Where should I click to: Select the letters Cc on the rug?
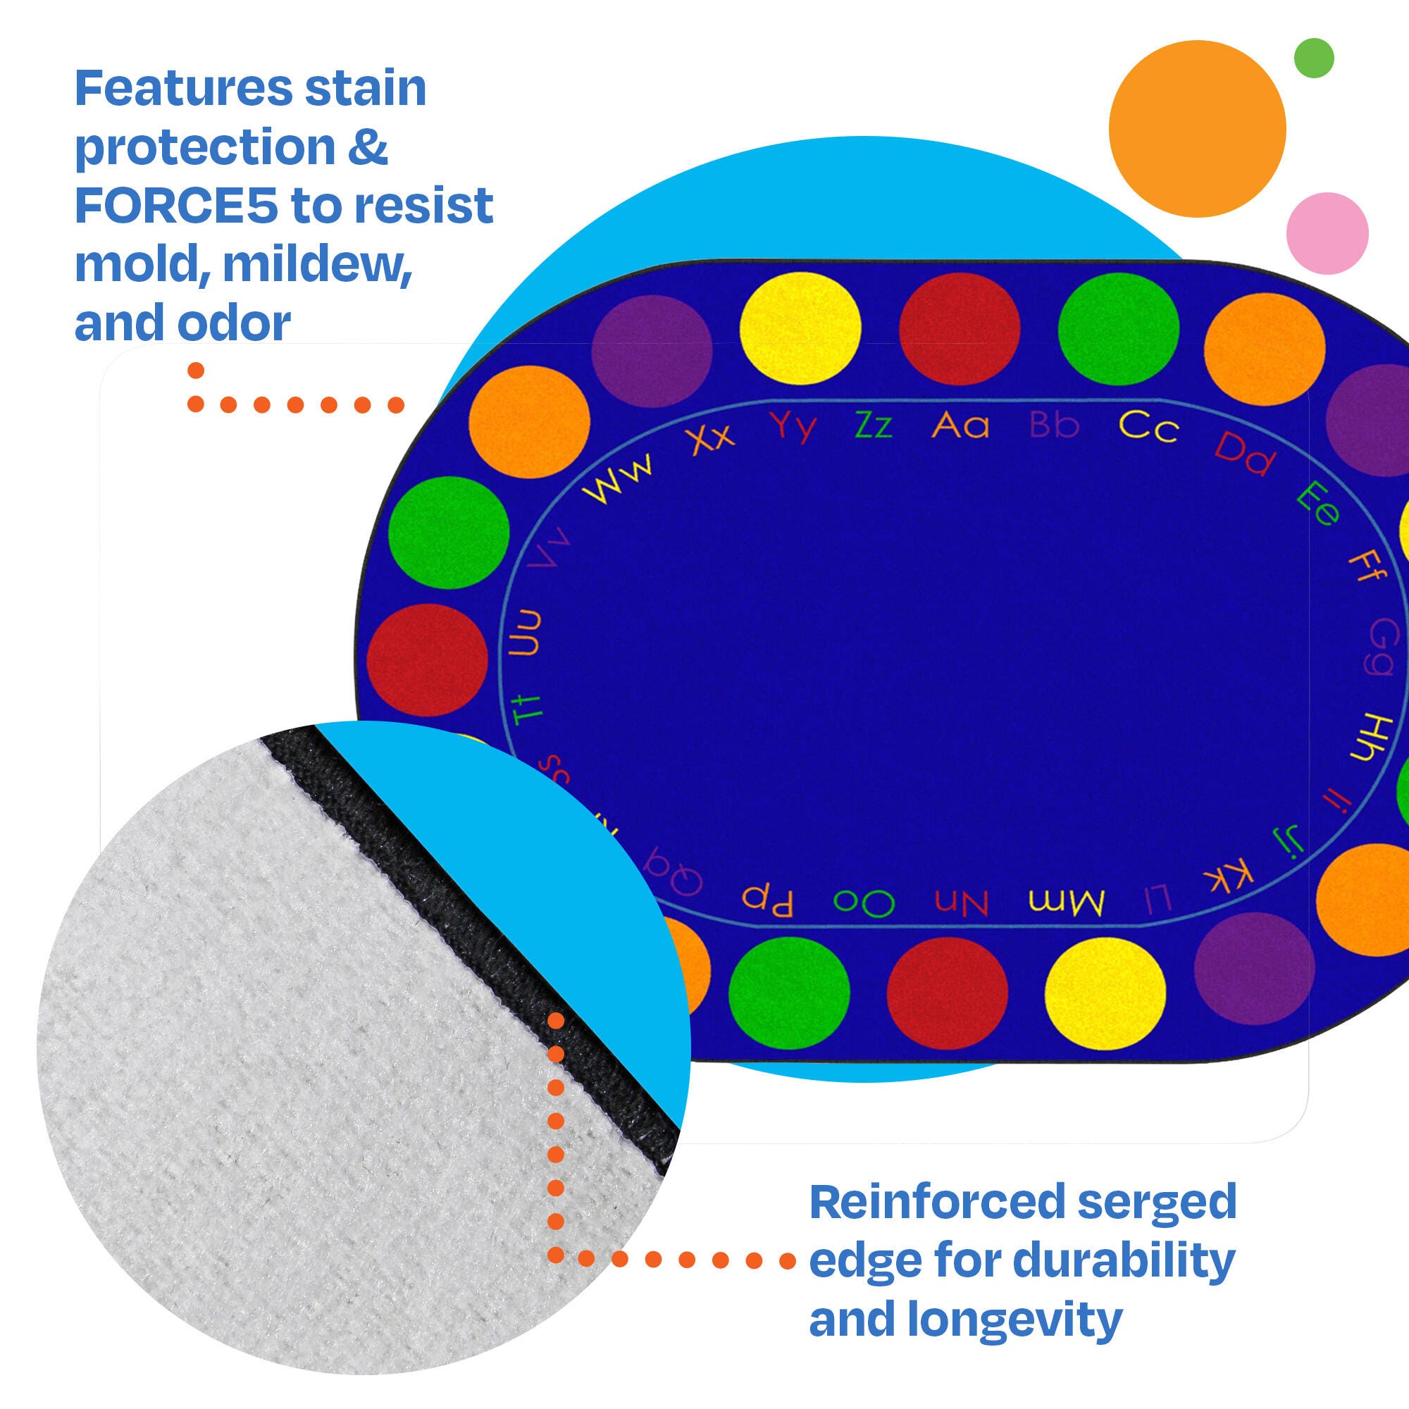1148,428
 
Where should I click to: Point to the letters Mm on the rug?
1067,903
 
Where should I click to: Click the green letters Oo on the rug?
864,903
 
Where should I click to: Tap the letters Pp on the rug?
767,900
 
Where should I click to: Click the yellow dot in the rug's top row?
800,329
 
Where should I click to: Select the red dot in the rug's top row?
959,329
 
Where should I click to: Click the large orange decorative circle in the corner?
1197,128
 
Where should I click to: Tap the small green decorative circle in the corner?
1313,58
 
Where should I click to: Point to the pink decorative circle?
1327,233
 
